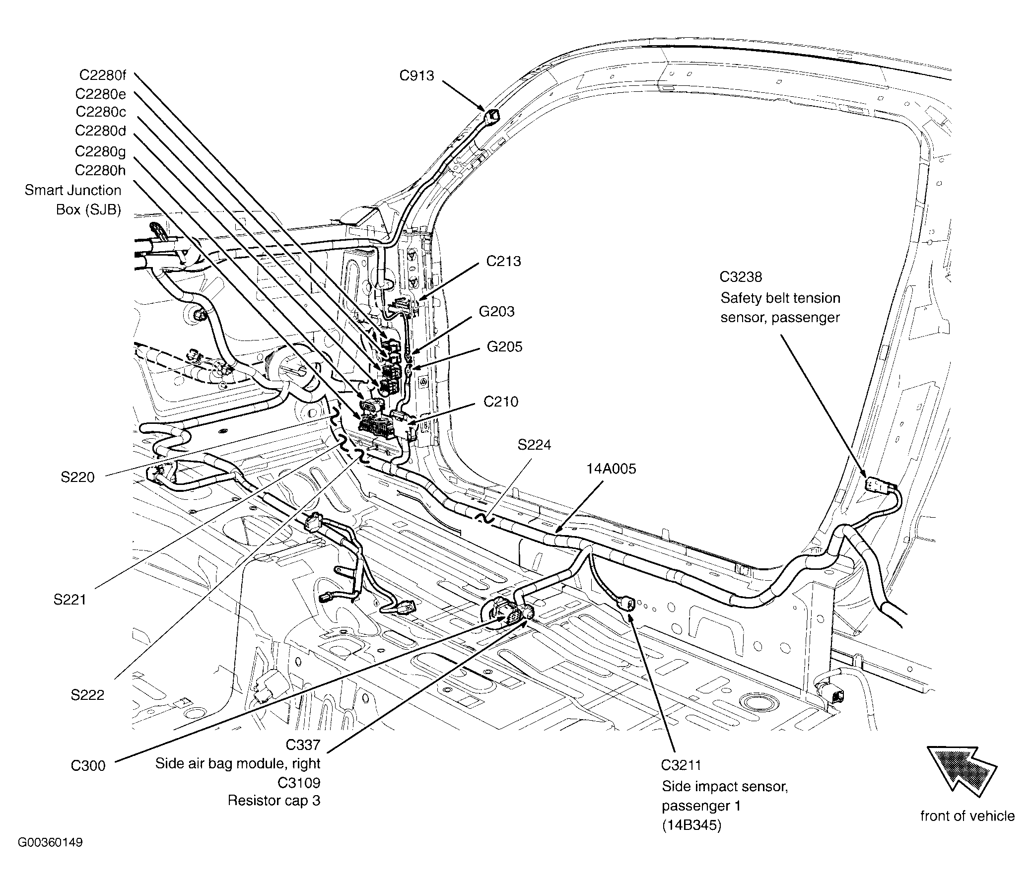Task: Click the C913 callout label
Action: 416,76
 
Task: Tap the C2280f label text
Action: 102,75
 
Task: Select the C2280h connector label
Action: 100,171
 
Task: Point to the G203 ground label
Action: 496,312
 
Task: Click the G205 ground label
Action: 504,346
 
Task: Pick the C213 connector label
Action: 503,261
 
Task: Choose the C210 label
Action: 500,402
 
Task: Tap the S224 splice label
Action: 534,445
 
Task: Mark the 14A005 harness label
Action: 611,469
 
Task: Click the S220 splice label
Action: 77,477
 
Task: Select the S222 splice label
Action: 87,695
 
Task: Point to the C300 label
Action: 88,765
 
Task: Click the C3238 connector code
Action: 740,277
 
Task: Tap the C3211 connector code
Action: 681,765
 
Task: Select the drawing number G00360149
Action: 50,843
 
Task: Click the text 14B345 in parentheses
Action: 691,825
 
